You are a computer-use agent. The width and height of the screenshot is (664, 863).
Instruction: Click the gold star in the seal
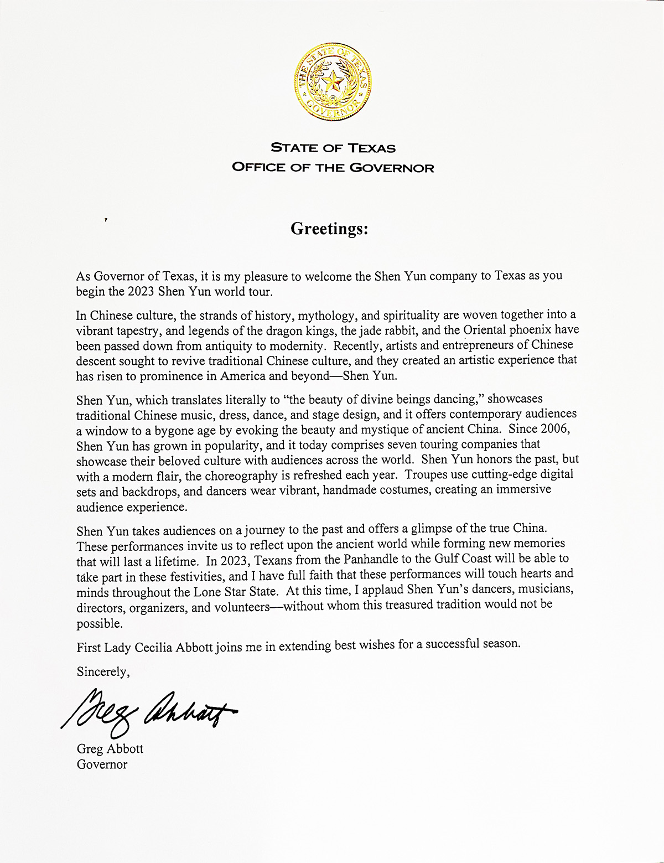pyautogui.click(x=333, y=83)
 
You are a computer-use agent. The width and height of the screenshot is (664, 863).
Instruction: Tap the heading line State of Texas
pyautogui.click(x=333, y=148)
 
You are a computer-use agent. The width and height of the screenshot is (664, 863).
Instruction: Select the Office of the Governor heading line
pyautogui.click(x=333, y=167)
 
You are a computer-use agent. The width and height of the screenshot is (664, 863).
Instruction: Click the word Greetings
pyautogui.click(x=329, y=229)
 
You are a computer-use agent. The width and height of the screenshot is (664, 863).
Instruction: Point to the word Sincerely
pyautogui.click(x=103, y=672)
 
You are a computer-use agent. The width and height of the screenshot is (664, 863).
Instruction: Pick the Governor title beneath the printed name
pyautogui.click(x=102, y=764)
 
